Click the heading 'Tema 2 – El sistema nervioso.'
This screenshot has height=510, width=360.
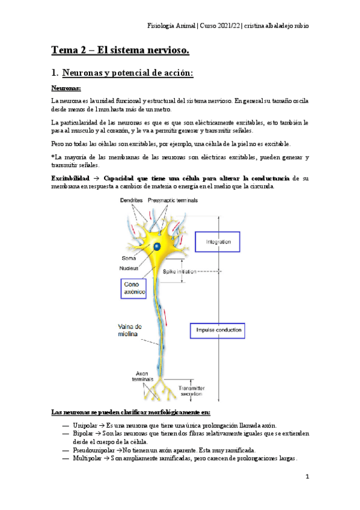pyautogui.click(x=120, y=52)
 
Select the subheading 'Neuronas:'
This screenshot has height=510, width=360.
pyautogui.click(x=69, y=88)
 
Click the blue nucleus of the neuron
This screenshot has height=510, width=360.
pyautogui.click(x=157, y=247)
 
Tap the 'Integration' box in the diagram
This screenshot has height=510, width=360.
pyautogui.click(x=218, y=242)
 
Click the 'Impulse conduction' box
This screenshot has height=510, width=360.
pyautogui.click(x=219, y=330)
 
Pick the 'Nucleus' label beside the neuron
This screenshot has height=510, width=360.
pyautogui.click(x=129, y=268)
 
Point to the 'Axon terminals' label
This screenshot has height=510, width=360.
pyautogui.click(x=142, y=376)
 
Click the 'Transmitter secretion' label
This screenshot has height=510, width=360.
pyautogui.click(x=195, y=392)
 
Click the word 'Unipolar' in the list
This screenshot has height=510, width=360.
pyautogui.click(x=76, y=426)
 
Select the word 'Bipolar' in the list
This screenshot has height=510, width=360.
pyautogui.click(x=75, y=434)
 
